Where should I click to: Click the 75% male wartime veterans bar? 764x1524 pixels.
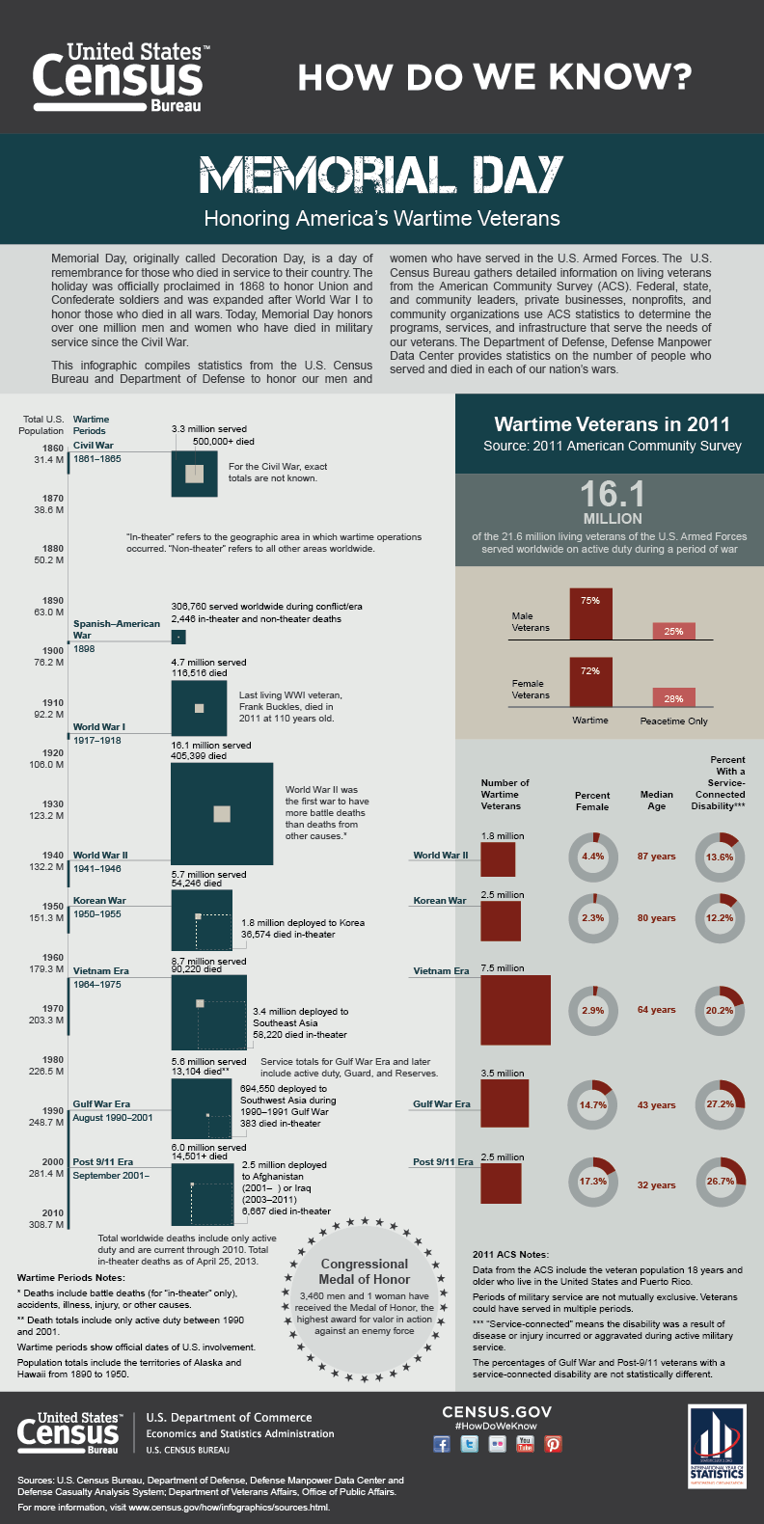[590, 613]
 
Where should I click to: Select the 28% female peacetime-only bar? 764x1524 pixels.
[673, 697]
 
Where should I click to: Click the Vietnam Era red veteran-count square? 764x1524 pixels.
[515, 1010]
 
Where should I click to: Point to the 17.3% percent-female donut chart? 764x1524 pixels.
[592, 1181]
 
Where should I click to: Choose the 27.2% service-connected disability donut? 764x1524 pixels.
[720, 1104]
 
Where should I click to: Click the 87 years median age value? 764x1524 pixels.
[656, 857]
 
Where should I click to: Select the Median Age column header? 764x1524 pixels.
[656, 801]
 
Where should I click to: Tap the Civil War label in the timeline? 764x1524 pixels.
[94, 446]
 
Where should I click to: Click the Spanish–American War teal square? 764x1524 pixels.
[177, 637]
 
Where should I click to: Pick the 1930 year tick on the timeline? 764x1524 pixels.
[53, 803]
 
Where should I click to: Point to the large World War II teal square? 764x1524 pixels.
[222, 813]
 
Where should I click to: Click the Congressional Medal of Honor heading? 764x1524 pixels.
[365, 1271]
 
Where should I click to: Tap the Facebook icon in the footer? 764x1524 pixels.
[442, 1444]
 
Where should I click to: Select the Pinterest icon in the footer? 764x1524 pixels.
[553, 1444]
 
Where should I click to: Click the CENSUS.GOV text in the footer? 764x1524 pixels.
[497, 1412]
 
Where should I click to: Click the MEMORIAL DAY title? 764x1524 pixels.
[381, 176]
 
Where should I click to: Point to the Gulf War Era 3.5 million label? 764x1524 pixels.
[503, 1073]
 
